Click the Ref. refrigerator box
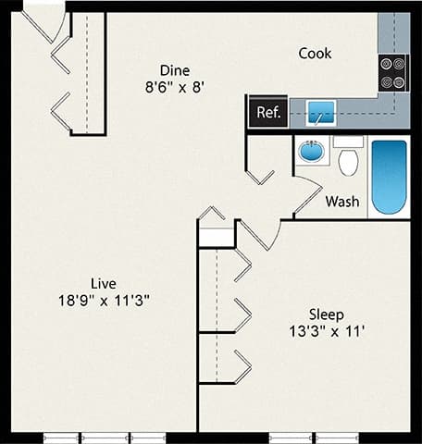[x=267, y=113]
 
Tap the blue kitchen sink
[x=320, y=113]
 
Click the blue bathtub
[x=390, y=177]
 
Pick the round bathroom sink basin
[x=312, y=150]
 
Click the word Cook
[x=315, y=54]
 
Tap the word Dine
[x=175, y=70]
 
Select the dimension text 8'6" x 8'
[x=175, y=89]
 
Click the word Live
[x=103, y=282]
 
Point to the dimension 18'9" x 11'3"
[x=103, y=300]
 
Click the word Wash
[x=341, y=201]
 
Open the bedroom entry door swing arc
[x=261, y=237]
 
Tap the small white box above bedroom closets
[x=217, y=238]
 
